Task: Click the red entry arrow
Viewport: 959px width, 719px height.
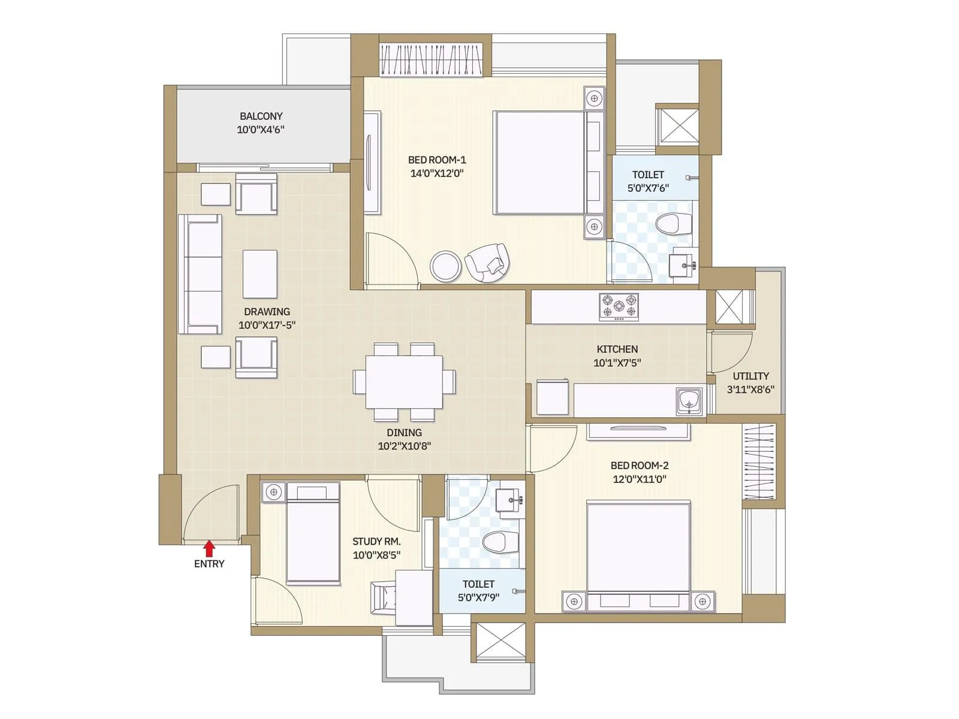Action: pyautogui.click(x=209, y=548)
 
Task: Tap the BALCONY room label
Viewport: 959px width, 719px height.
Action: pyautogui.click(x=261, y=116)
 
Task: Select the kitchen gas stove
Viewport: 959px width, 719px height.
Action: pyautogui.click(x=619, y=306)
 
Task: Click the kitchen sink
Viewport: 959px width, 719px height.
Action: pyautogui.click(x=689, y=400)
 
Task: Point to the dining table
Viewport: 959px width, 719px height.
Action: pyautogui.click(x=404, y=382)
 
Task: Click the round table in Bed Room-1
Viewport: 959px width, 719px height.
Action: pyautogui.click(x=446, y=265)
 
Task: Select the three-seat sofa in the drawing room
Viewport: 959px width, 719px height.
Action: pyautogui.click(x=200, y=273)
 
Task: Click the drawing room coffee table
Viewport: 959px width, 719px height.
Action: pyautogui.click(x=260, y=274)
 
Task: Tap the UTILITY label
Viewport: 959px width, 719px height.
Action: pyautogui.click(x=750, y=376)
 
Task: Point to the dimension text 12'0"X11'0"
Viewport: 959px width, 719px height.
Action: pyautogui.click(x=639, y=479)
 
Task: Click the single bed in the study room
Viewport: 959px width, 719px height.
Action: pyautogui.click(x=313, y=533)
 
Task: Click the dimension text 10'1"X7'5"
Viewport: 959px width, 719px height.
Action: pyautogui.click(x=617, y=362)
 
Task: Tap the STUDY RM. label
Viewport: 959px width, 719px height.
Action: pyautogui.click(x=376, y=541)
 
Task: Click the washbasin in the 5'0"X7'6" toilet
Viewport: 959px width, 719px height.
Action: pyautogui.click(x=682, y=262)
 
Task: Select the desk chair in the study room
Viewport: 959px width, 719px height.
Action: pyautogui.click(x=383, y=597)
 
